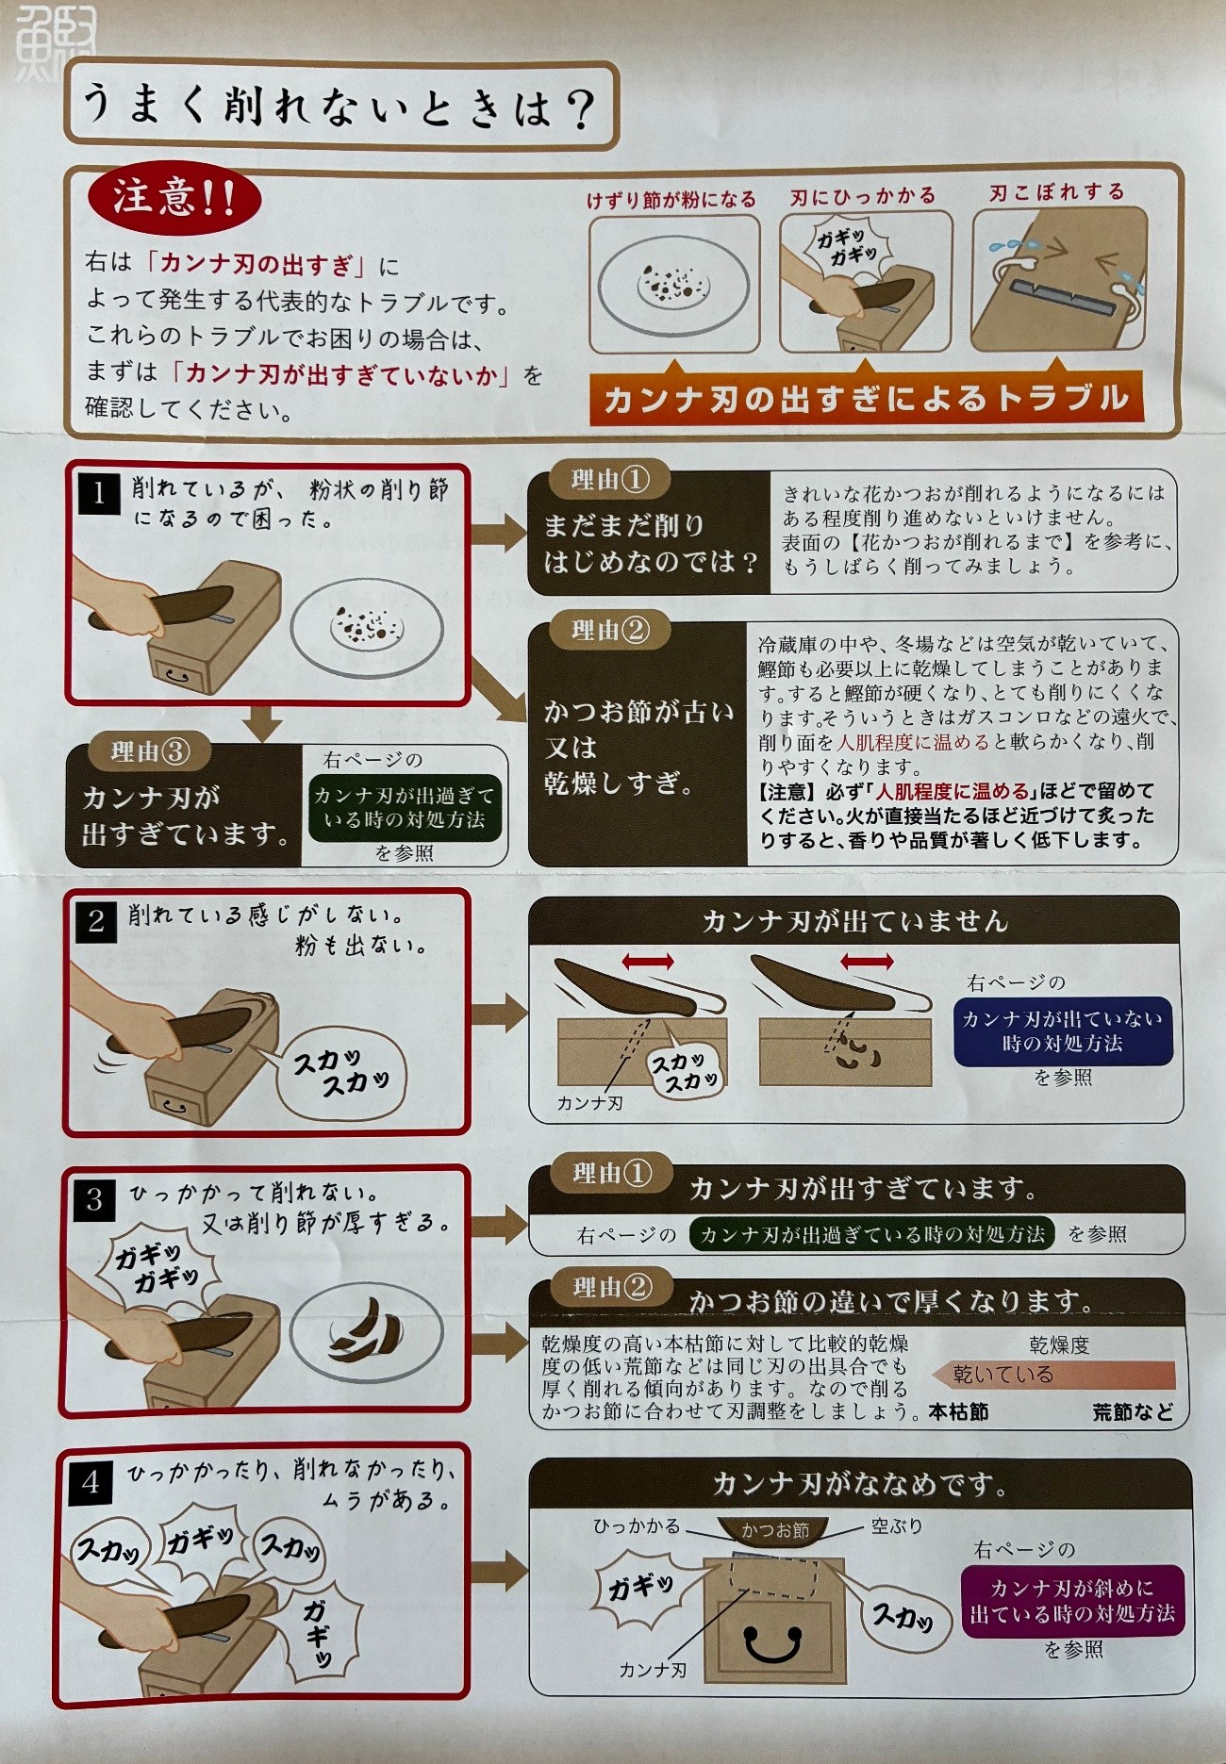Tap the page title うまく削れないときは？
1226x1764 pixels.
[x=339, y=106]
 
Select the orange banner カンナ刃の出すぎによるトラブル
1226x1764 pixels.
[x=866, y=398]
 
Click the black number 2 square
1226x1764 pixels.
[x=96, y=921]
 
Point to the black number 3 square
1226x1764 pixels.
[x=94, y=1199]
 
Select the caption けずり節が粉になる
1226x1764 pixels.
[x=671, y=200]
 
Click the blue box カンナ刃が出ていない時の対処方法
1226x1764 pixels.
[x=1062, y=1030]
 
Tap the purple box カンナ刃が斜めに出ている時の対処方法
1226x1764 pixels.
[x=1071, y=1601]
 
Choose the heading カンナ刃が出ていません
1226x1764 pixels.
[x=854, y=920]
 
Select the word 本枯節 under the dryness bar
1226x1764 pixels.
[x=958, y=1411]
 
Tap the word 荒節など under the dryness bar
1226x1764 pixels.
[x=1134, y=1411]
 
